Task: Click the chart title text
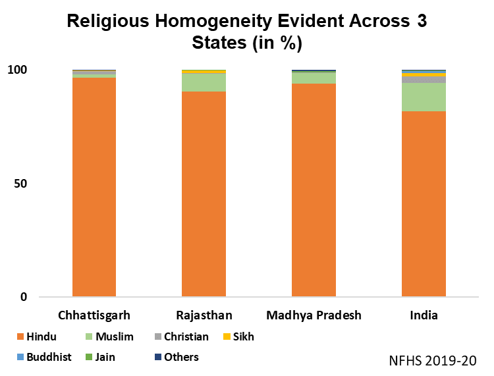[x=246, y=32]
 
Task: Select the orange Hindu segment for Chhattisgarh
[x=94, y=187]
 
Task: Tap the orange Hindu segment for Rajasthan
[x=204, y=194]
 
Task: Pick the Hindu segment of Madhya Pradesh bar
[x=314, y=190]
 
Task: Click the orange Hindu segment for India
[x=424, y=204]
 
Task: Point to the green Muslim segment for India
[x=424, y=97]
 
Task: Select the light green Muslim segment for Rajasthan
[x=204, y=82]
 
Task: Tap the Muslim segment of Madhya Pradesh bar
[x=314, y=78]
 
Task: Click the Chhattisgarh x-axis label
[x=94, y=315]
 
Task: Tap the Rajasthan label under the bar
[x=204, y=315]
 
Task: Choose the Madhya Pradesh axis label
[x=314, y=315]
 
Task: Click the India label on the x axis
[x=424, y=315]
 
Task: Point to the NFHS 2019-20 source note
[x=432, y=361]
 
